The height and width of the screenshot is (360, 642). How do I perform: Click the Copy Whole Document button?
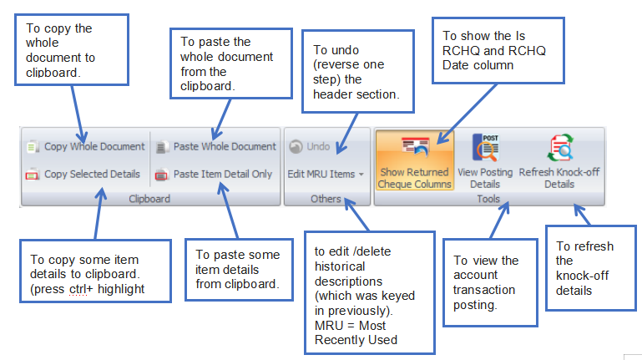click(x=86, y=147)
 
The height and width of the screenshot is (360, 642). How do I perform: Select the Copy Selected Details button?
click(x=83, y=174)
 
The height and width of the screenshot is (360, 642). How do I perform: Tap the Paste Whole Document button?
click(x=216, y=147)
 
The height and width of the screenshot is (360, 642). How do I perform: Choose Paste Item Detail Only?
click(x=214, y=174)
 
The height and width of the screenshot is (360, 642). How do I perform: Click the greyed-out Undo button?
click(x=310, y=147)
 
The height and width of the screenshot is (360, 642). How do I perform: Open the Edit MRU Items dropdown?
click(x=326, y=174)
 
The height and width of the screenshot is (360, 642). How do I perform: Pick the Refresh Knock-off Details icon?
click(x=559, y=148)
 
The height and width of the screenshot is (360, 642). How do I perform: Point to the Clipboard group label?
click(x=149, y=199)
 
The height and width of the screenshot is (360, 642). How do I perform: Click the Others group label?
click(x=326, y=199)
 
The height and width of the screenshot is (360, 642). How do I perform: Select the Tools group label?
click(x=488, y=199)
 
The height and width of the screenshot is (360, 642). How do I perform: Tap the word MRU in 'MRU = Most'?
click(x=329, y=326)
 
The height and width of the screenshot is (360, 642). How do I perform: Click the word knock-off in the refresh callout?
click(x=582, y=276)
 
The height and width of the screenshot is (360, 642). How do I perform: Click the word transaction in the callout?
click(x=484, y=290)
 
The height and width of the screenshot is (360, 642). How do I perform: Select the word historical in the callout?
click(x=340, y=266)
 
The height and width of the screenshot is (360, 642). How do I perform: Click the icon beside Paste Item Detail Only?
click(x=161, y=175)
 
